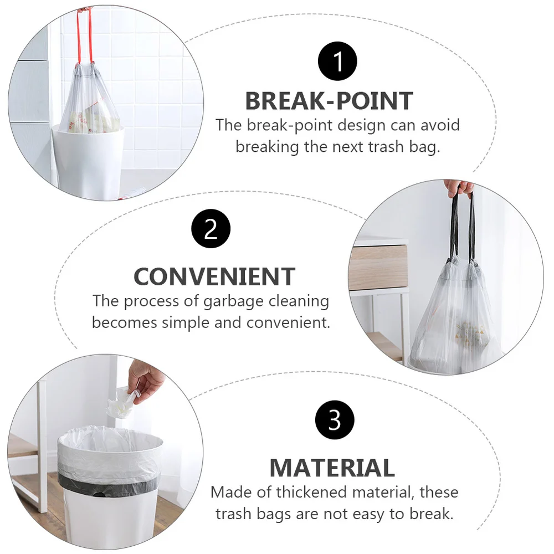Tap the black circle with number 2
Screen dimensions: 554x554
coord(211,229)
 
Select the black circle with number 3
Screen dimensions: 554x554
coord(335,421)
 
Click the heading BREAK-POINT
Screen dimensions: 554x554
coord(329,101)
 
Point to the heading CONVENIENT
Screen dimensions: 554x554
coord(214,276)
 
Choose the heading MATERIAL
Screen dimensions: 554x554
coord(332,468)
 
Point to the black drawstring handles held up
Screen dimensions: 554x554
coord(463,227)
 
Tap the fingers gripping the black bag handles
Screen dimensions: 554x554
coord(459,187)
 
